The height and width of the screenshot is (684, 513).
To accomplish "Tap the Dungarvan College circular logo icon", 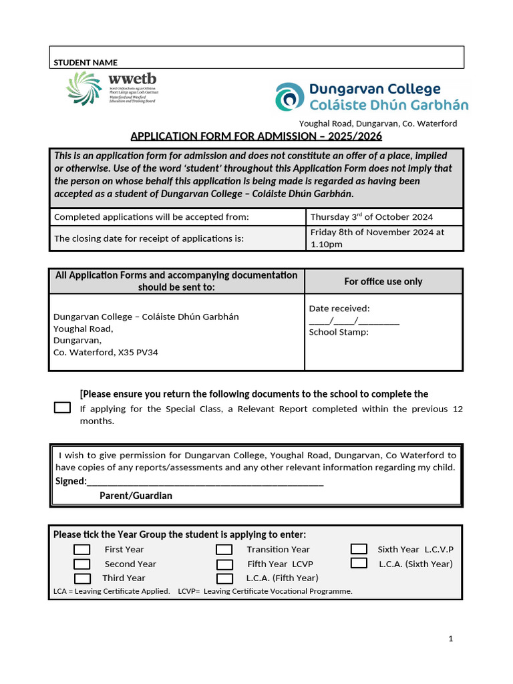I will point(289,97).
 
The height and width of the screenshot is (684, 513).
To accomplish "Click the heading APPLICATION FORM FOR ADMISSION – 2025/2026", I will point(256,136).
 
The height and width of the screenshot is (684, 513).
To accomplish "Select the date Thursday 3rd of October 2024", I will point(371,216).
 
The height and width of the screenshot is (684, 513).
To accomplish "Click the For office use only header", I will point(383,281).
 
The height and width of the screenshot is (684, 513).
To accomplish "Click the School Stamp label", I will point(339,332).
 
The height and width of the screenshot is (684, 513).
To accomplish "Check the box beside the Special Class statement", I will point(62,407).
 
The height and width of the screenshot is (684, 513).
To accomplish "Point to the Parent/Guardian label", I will point(136,496).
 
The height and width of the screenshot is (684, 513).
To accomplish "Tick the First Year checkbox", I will point(82,550).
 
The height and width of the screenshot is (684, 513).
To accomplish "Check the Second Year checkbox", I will point(82,564).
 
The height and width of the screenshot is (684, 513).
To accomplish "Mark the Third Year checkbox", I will point(82,578).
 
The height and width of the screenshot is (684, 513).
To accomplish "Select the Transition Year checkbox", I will point(224,550).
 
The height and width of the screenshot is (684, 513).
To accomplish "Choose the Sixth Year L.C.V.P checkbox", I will point(359,549).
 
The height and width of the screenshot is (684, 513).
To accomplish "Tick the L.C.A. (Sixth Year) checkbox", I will point(359,563).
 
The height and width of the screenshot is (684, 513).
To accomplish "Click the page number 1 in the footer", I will point(451,639).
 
